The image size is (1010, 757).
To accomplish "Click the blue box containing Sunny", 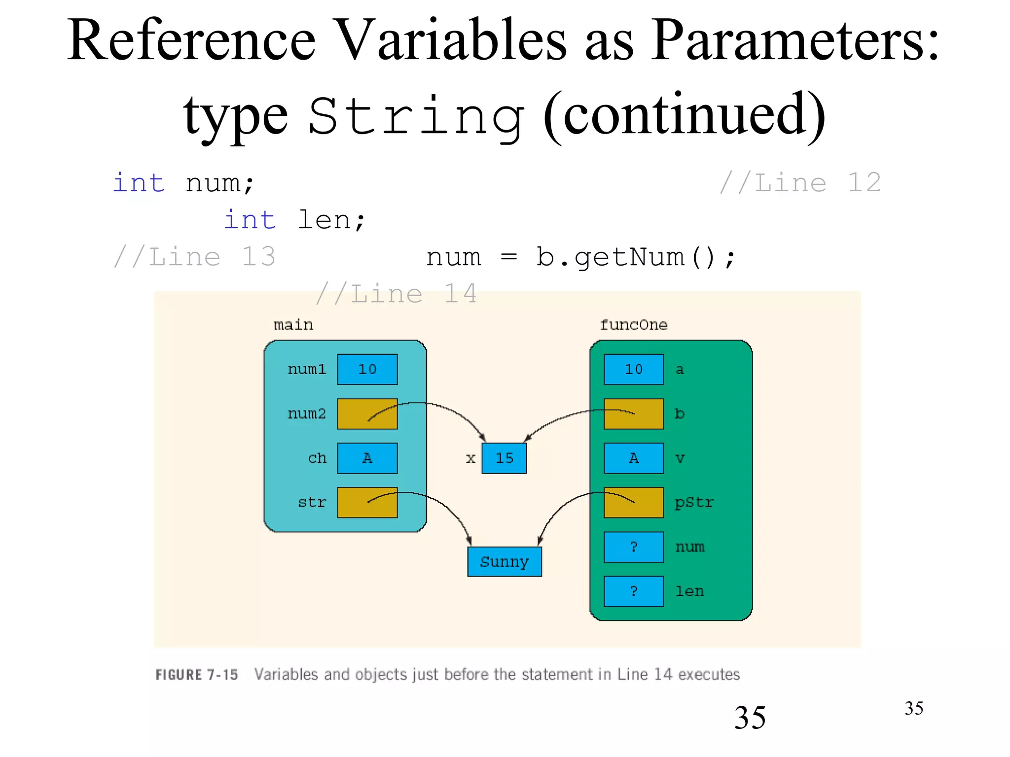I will pos(504,561).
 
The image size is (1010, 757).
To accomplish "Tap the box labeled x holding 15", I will pos(504,458).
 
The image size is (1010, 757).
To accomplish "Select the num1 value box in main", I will pos(367,369).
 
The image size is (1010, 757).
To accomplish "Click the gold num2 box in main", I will pos(367,413).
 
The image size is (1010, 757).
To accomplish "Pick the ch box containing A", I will pos(367,458).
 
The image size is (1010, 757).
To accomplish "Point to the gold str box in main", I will pos(367,502).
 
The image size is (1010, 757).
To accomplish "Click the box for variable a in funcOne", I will pos(633,369).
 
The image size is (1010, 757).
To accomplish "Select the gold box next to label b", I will pos(633,413).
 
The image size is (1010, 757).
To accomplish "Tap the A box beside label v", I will pos(633,458).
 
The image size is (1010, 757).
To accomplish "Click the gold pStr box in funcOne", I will pos(633,502).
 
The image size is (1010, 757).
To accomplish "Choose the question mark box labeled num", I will pos(633,547).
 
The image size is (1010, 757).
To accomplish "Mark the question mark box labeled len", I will pos(633,591).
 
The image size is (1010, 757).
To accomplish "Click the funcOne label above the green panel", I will pos(633,325).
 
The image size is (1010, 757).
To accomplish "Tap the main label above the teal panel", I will pos(293,325).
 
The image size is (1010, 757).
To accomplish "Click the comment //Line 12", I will pos(799,183).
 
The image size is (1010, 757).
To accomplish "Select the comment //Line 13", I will pos(194,257).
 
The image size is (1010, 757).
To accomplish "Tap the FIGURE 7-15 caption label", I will pos(197,674).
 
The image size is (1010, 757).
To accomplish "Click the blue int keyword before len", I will pos(250,220).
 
